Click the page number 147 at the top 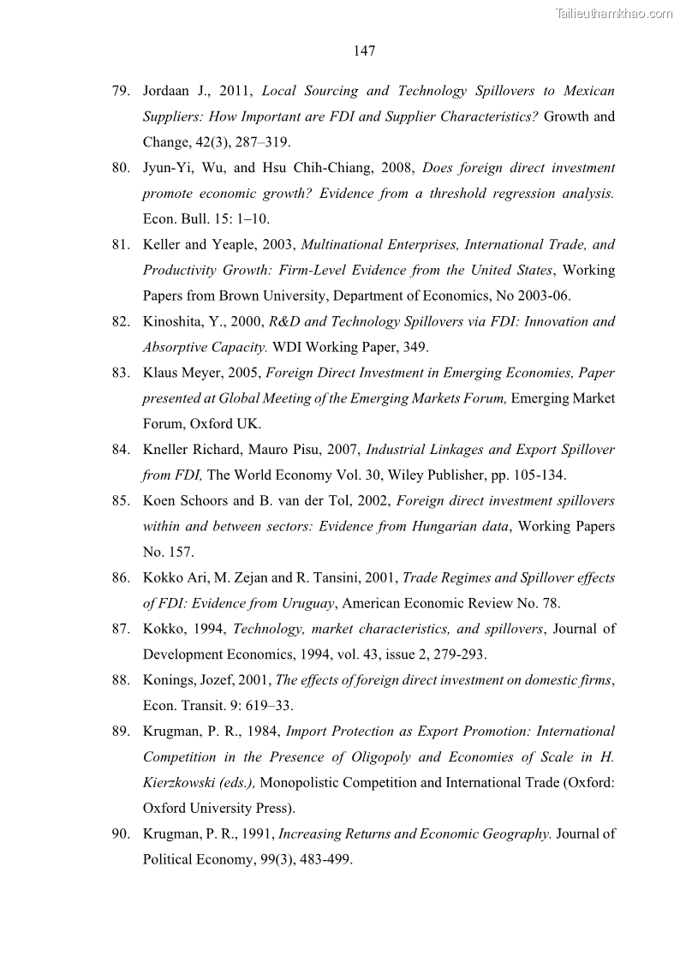pyautogui.click(x=364, y=51)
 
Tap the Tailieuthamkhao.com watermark pyautogui.click(x=614, y=13)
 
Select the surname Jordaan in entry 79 pyautogui.click(x=167, y=91)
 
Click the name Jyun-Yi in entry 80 pyautogui.click(x=166, y=168)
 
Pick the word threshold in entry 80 pyautogui.click(x=453, y=194)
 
